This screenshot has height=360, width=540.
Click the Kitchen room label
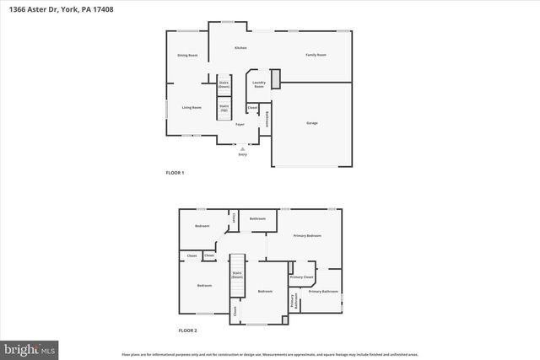240,48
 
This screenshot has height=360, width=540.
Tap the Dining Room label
187,56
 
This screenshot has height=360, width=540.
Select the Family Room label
316,55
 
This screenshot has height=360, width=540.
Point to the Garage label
311,123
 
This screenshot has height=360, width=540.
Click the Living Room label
192,107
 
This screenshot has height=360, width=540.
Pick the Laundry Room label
259,84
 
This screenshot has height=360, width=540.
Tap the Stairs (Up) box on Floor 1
224,108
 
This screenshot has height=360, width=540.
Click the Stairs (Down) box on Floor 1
224,83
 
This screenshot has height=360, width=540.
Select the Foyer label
240,125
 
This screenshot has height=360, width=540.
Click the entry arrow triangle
243,148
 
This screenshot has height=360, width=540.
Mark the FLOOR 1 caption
175,173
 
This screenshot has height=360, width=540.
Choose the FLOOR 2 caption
186,330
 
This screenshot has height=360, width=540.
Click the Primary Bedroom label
307,235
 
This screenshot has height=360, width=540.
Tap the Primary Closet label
301,277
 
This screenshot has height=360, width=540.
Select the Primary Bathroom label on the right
323,292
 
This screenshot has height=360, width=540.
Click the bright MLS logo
30,347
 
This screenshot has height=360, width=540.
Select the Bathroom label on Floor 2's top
257,219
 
